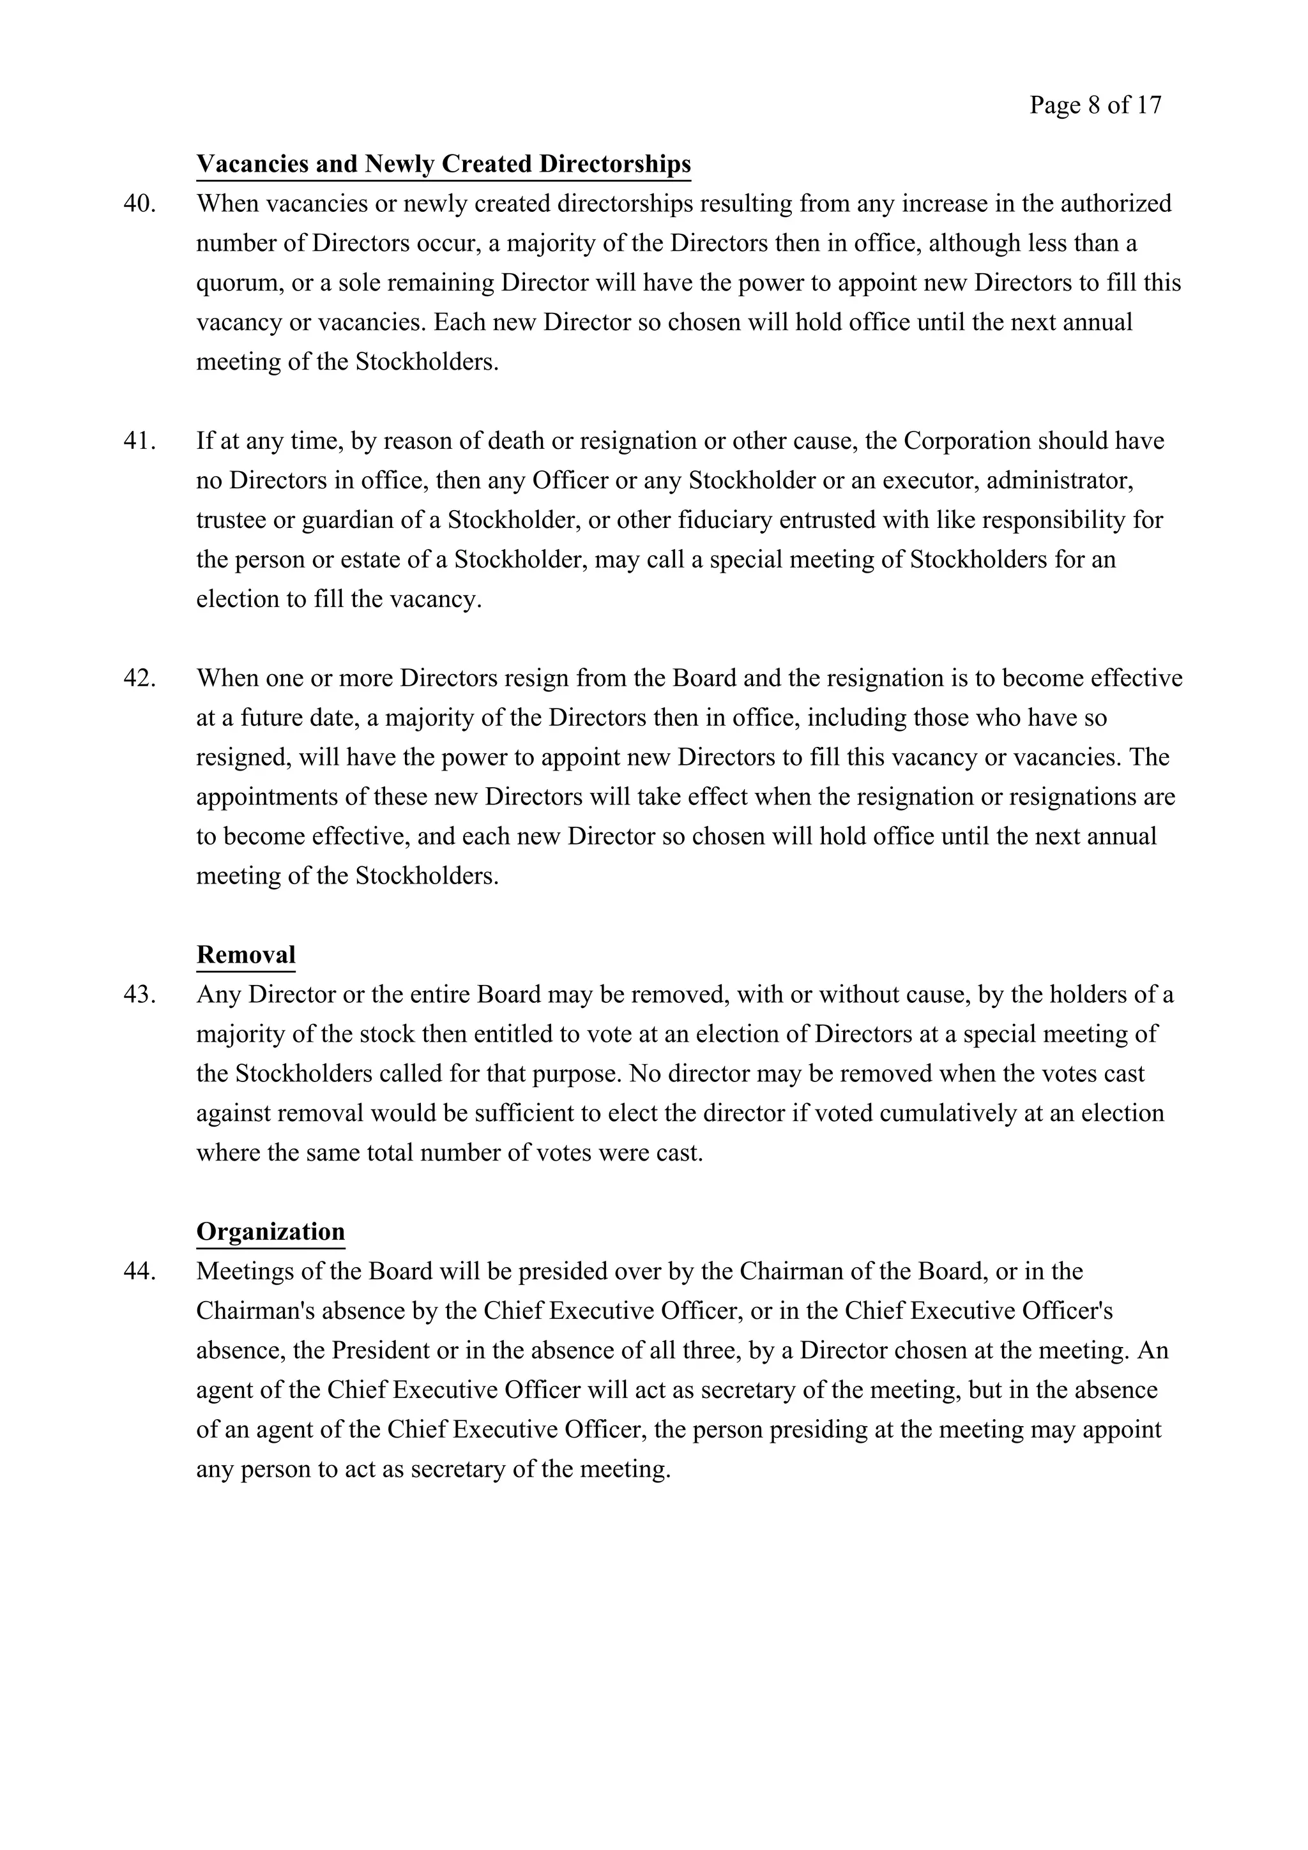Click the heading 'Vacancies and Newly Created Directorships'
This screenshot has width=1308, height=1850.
pos(443,163)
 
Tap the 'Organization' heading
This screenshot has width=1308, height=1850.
pos(270,1231)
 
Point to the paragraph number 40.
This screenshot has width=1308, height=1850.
pos(139,204)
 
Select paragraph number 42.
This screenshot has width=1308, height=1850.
pos(139,678)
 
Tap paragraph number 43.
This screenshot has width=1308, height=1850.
pos(139,995)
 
